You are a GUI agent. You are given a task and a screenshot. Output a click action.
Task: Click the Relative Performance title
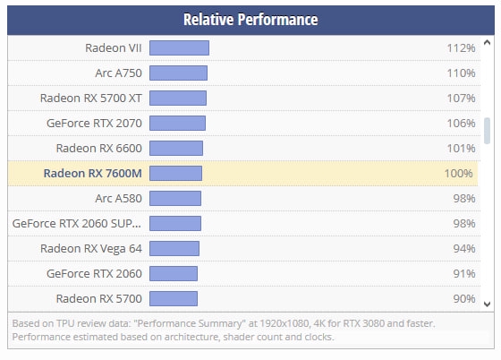(x=250, y=20)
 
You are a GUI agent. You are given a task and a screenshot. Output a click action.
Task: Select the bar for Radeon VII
(x=179, y=48)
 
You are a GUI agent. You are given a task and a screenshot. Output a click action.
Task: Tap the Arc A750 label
(x=118, y=73)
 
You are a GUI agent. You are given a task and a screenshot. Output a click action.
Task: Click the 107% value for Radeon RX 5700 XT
(x=461, y=99)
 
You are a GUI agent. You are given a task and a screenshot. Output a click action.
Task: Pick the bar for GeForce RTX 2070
(x=177, y=123)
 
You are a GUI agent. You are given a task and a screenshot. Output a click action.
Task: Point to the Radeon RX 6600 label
(x=99, y=149)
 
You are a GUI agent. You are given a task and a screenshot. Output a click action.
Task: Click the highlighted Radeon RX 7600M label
(x=93, y=174)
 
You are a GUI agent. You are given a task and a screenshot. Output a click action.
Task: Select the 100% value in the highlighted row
(x=458, y=174)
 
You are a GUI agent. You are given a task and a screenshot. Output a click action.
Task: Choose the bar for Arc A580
(x=175, y=198)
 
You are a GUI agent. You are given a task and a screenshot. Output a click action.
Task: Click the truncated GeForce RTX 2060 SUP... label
(x=77, y=224)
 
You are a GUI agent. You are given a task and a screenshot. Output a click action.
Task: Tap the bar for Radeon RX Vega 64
(x=174, y=248)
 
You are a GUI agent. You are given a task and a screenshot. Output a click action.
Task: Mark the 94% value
(x=464, y=248)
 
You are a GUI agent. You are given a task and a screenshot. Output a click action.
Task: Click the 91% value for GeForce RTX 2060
(x=464, y=274)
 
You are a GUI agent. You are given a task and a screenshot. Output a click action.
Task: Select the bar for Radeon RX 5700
(x=174, y=298)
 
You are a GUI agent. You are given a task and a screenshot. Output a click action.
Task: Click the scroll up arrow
(x=487, y=42)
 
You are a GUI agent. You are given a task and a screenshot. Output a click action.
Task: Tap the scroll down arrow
(x=487, y=304)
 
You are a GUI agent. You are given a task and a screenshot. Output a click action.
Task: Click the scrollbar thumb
(x=487, y=131)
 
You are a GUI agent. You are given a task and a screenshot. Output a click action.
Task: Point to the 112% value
(x=461, y=48)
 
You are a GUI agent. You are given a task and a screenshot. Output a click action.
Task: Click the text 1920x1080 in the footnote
(x=284, y=323)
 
